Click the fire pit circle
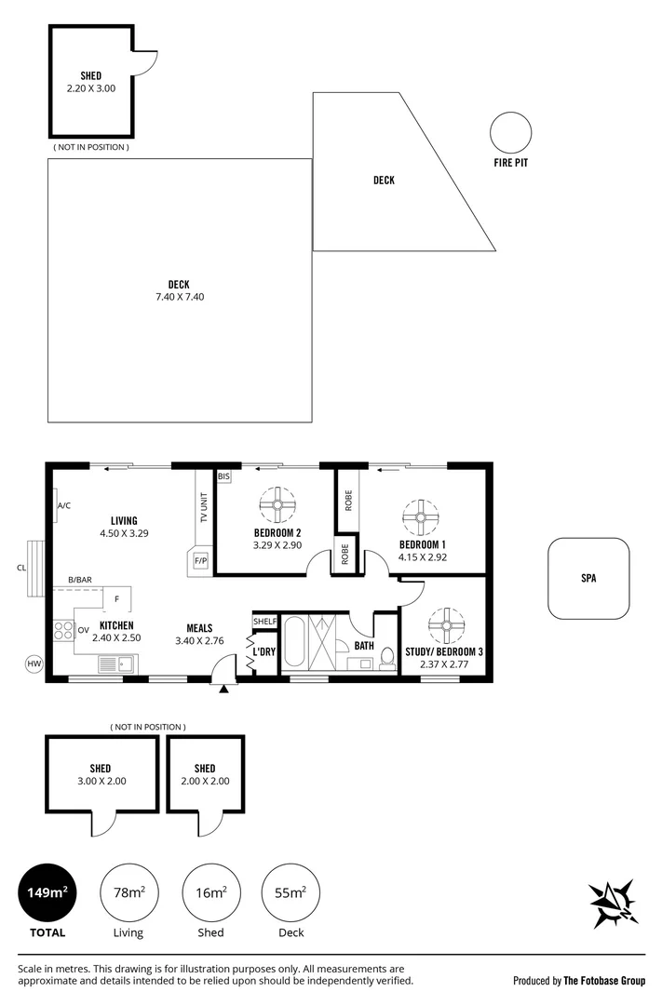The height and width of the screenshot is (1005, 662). (x=510, y=113)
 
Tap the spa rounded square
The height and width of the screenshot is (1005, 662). (x=588, y=539)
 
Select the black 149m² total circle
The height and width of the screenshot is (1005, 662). (x=47, y=892)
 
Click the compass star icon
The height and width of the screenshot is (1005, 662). (x=614, y=903)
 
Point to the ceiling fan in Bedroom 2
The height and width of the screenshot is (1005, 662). (x=277, y=505)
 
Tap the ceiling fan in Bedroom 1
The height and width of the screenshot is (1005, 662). (x=421, y=517)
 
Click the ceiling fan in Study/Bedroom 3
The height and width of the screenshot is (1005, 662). (x=446, y=625)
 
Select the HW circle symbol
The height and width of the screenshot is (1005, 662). (x=34, y=664)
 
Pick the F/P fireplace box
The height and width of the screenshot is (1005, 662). (x=201, y=561)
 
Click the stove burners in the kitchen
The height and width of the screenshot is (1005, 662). (x=63, y=631)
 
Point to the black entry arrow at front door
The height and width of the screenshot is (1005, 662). (x=223, y=689)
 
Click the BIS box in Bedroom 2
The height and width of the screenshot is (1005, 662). (x=223, y=476)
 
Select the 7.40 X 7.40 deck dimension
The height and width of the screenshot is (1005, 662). (x=180, y=297)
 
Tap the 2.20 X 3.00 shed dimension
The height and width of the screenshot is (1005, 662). (x=91, y=88)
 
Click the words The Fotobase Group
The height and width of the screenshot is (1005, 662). (x=604, y=981)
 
